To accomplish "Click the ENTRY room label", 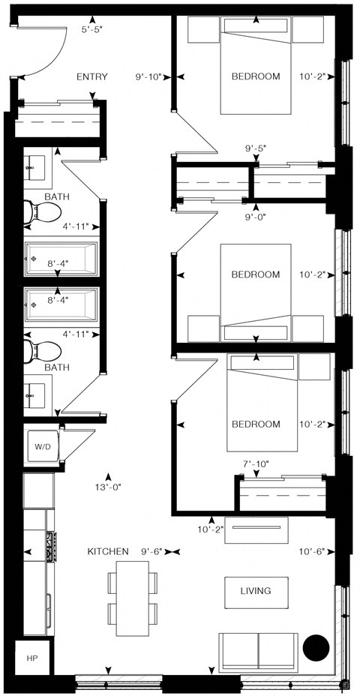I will pyautogui.click(x=92, y=76).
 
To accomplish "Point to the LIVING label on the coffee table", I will pyautogui.click(x=255, y=591).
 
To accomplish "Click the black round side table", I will pyautogui.click(x=314, y=647).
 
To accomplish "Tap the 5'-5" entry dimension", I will pyautogui.click(x=92, y=29).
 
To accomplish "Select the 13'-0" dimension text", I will pyautogui.click(x=109, y=486).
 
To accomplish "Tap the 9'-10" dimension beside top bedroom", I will pyautogui.click(x=148, y=76).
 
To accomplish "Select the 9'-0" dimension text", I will pyautogui.click(x=256, y=217).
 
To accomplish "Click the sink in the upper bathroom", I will pyautogui.click(x=34, y=170).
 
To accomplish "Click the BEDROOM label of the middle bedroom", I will pyautogui.click(x=255, y=274).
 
